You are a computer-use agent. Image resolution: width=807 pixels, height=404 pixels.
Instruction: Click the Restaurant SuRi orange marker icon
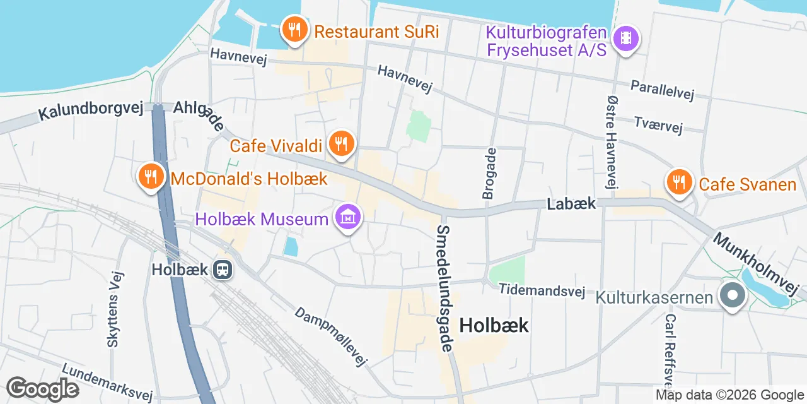coord(294,29)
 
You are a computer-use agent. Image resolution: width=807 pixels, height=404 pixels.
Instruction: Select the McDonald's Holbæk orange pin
coord(151,177)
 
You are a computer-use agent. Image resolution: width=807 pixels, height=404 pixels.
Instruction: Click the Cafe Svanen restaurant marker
coord(679,182)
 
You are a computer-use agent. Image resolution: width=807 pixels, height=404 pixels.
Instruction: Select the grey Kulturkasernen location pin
coord(732,296)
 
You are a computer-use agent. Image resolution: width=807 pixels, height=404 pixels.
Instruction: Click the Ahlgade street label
coord(199,115)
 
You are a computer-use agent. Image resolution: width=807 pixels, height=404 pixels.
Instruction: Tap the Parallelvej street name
coord(662,90)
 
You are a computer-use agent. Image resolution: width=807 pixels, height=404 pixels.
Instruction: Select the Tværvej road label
coord(658,124)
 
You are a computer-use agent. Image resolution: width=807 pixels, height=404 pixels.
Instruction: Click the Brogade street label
coord(489,174)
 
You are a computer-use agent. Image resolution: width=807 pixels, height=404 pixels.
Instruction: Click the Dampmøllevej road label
coord(331,337)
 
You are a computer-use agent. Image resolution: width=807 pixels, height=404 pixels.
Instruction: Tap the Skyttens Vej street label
coord(114,309)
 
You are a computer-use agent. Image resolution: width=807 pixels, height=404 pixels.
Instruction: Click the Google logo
coord(42,389)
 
